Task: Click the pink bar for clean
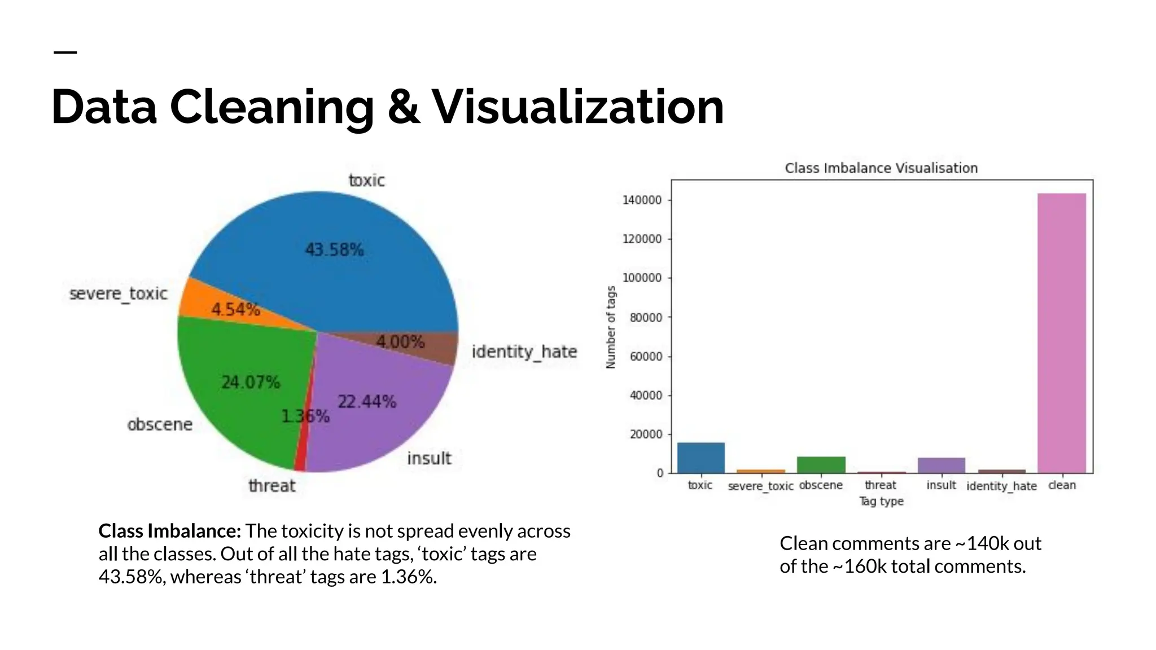pos(1061,333)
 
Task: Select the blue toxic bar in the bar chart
pos(700,458)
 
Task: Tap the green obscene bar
pos(821,465)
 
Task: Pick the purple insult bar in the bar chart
pos(941,465)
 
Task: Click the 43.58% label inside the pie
pos(334,249)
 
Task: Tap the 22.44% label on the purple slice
pos(367,402)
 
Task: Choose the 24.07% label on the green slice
pos(251,383)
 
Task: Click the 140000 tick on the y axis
pos(642,200)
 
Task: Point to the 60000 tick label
pos(645,357)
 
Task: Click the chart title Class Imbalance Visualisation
pos(881,168)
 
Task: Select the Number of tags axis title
pos(611,327)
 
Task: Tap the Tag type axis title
pos(881,501)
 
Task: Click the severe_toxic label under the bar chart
pos(760,486)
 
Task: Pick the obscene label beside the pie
pos(160,424)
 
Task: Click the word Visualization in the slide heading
pos(577,107)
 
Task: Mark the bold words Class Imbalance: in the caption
pos(170,531)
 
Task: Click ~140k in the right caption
pos(982,543)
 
